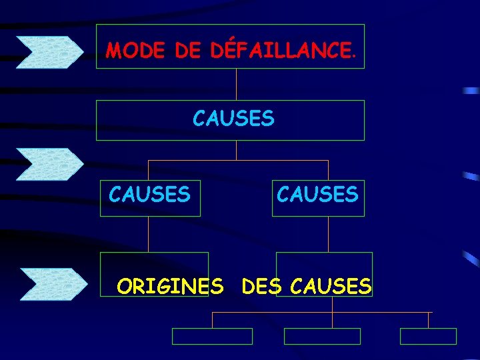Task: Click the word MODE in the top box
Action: point(135,50)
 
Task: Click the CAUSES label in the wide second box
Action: point(233,119)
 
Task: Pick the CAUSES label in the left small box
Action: point(149,195)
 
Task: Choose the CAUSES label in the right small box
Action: point(317,195)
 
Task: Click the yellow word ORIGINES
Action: point(170,287)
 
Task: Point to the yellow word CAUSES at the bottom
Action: point(331,287)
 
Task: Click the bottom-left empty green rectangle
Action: point(212,336)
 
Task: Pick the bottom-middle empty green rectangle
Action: point(322,336)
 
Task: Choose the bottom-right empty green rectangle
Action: point(428,336)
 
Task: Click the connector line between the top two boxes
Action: point(237,84)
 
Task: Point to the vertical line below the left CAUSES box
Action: point(148,234)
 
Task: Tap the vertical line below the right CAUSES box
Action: point(328,234)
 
